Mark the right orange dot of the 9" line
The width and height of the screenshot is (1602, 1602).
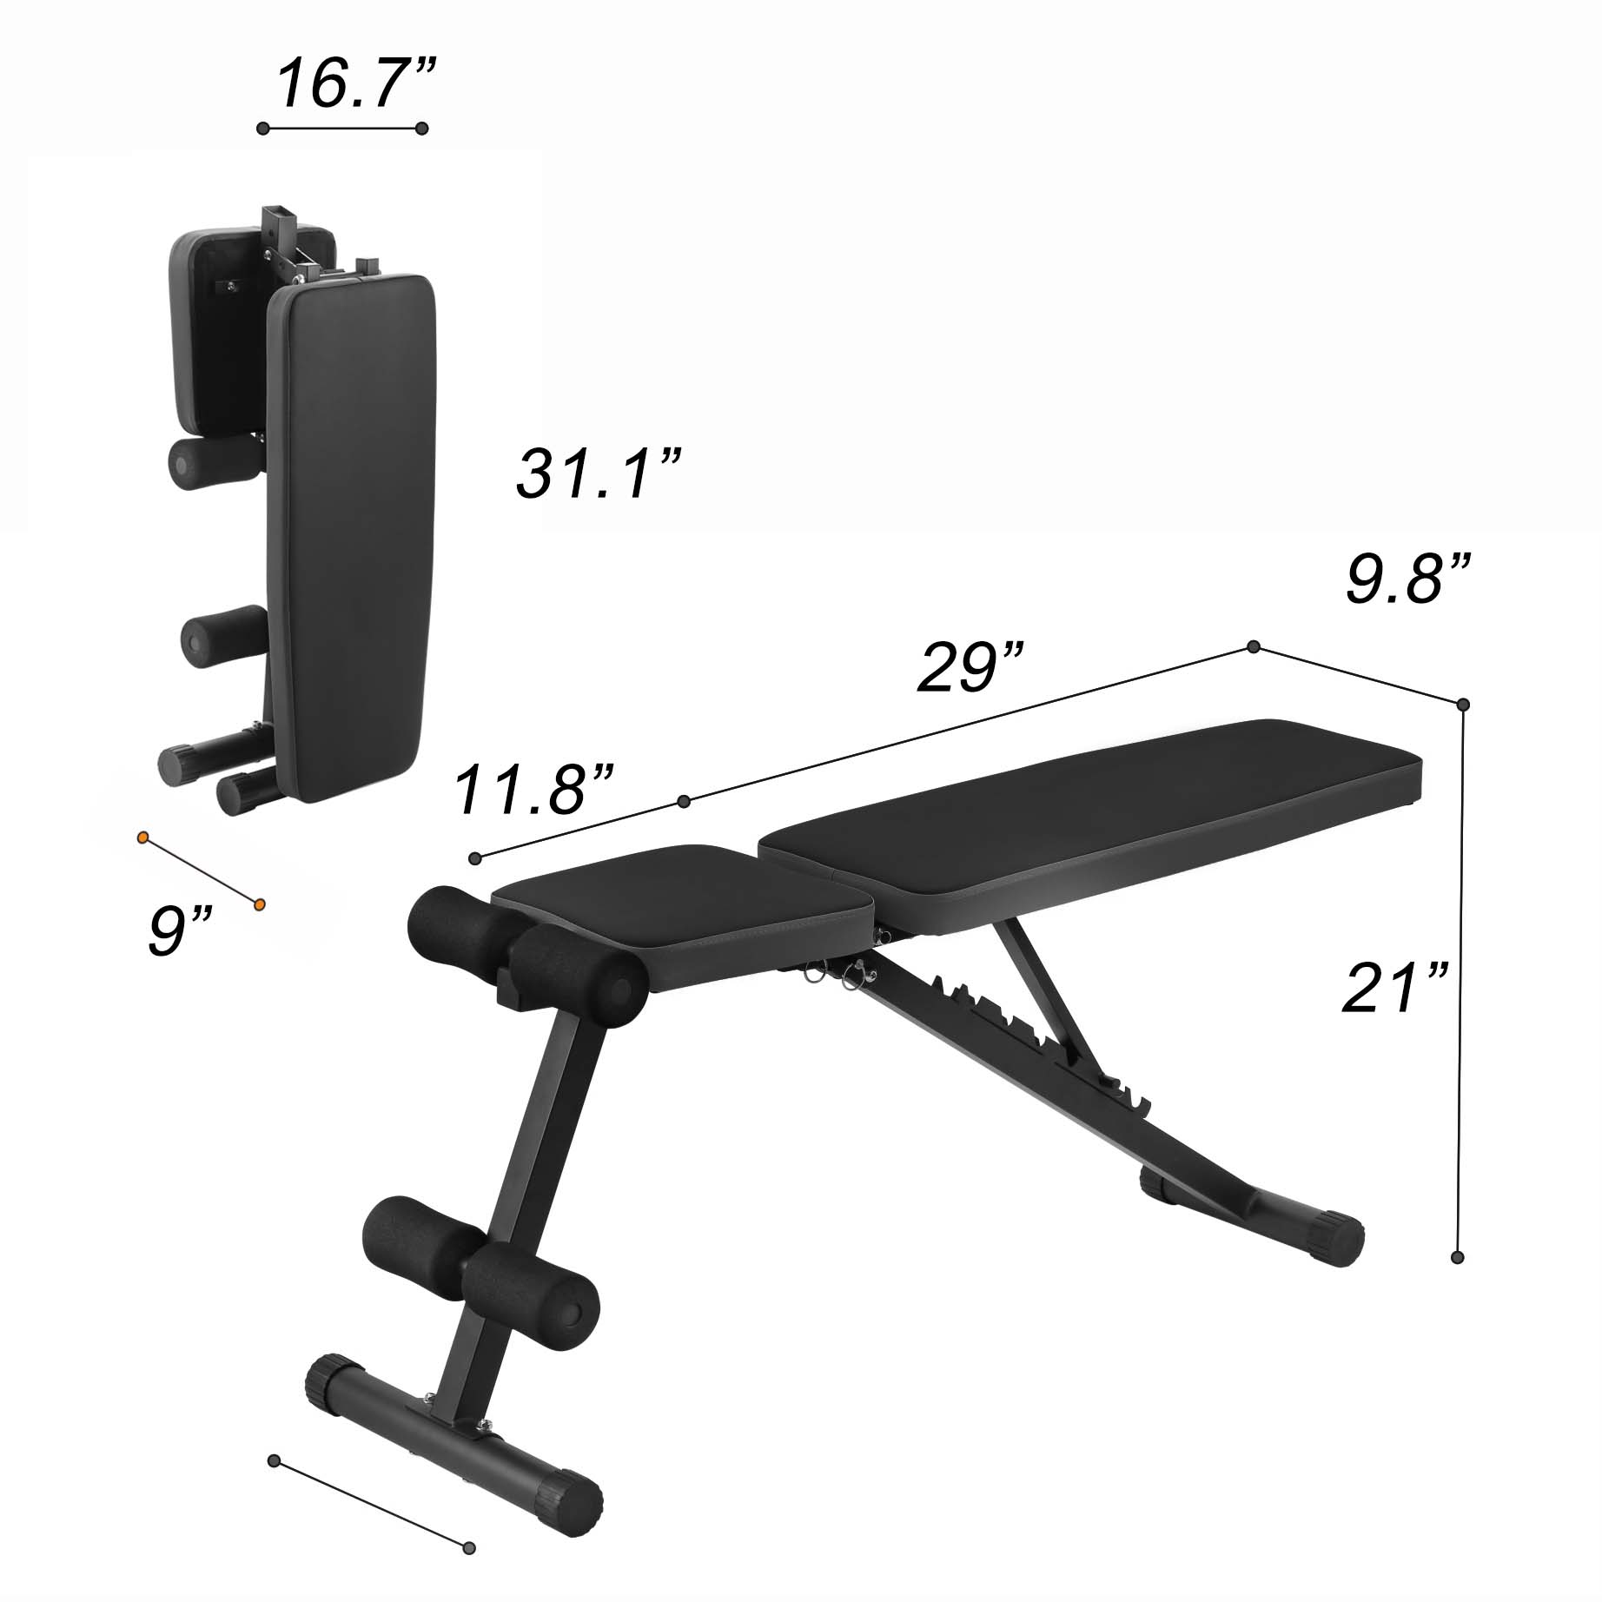[259, 905]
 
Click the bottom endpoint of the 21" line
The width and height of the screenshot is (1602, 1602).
[1458, 1256]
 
